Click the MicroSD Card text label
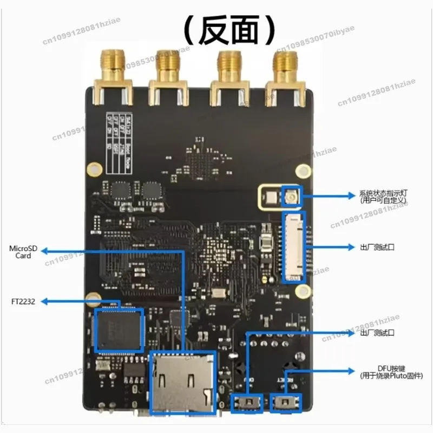point(23,252)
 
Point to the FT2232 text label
point(22,301)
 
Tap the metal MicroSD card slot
point(182,382)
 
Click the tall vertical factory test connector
point(294,247)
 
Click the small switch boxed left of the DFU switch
point(247,403)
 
